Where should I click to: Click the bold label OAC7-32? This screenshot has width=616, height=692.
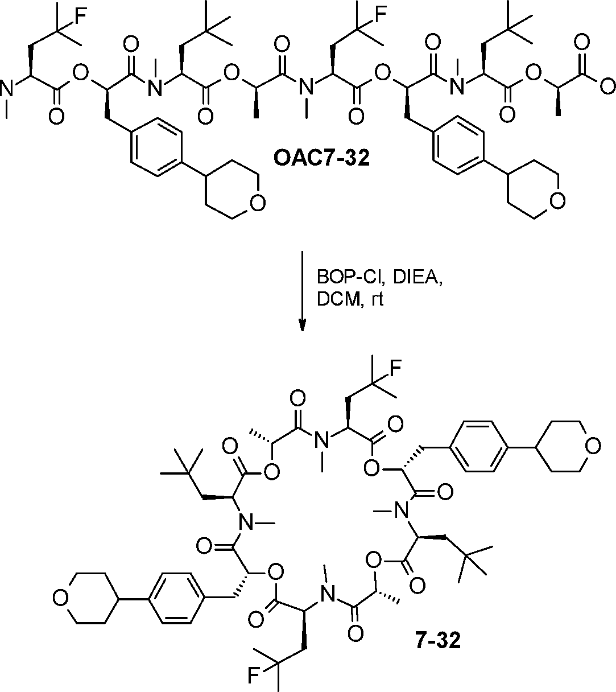(321, 157)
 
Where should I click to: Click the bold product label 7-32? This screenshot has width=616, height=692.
(435, 641)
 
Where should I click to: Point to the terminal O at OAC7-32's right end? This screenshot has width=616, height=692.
(606, 86)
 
